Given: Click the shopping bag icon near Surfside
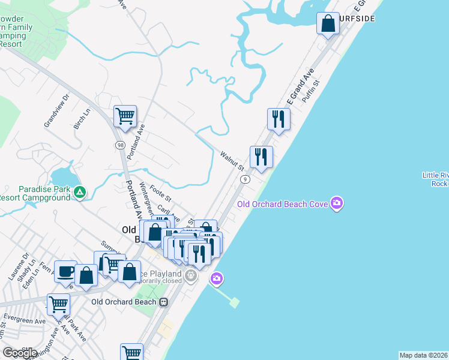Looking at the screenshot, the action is [x=328, y=25].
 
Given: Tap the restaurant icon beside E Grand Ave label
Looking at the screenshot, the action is [x=279, y=119].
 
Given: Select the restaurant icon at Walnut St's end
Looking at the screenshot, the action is [x=261, y=157].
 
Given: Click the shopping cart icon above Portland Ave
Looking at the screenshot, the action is [x=125, y=116].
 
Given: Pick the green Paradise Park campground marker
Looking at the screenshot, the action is [x=80, y=193].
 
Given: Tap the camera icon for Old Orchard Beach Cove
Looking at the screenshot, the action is [x=337, y=203].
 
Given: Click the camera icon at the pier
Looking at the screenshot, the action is [x=217, y=278].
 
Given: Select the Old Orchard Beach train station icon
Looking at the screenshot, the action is [x=163, y=302].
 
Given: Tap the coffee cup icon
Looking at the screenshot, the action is [x=65, y=271].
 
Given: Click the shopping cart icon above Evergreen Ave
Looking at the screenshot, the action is [x=58, y=304].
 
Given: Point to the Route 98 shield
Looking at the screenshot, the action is [x=120, y=146].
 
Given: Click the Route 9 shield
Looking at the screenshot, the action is [x=245, y=179].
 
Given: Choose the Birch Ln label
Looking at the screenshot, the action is [x=82, y=119].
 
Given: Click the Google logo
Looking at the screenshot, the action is [x=20, y=353].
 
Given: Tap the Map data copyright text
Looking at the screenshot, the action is [x=423, y=355].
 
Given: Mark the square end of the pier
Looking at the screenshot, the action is [x=234, y=302].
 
